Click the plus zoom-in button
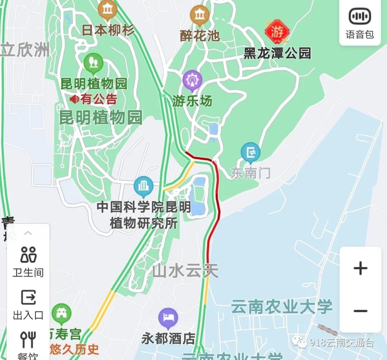(x=360, y=268)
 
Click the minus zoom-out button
(x=360, y=311)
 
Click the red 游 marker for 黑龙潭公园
(x=277, y=32)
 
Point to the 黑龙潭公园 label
(x=277, y=53)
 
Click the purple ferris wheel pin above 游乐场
(x=192, y=80)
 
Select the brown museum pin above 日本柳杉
(x=107, y=10)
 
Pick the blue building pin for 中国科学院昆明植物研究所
(x=143, y=187)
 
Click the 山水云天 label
(x=185, y=271)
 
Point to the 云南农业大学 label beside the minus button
(x=282, y=307)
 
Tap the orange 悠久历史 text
(x=75, y=349)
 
